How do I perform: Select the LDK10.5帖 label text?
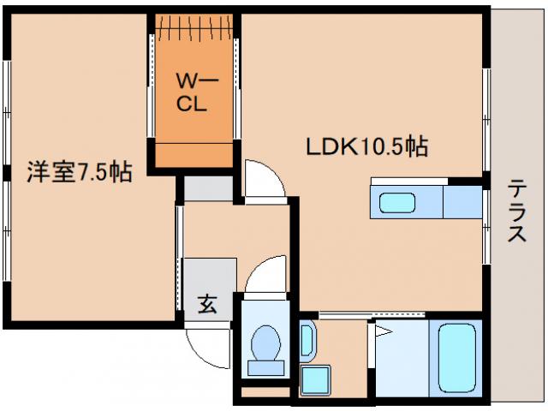(x=366, y=146)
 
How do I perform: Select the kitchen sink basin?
(x=396, y=204)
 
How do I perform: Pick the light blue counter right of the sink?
(x=463, y=201)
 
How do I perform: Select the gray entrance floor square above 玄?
(x=208, y=275)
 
